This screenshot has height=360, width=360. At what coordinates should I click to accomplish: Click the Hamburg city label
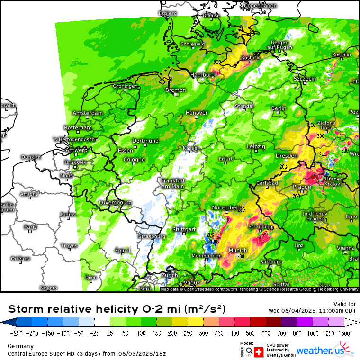coord(202,75)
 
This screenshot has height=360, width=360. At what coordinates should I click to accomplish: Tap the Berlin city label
coord(279,108)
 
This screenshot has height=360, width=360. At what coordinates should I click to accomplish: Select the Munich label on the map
coord(238,250)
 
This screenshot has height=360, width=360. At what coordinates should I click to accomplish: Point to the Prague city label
coord(302,187)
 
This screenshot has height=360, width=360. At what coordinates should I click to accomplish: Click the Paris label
coord(30,227)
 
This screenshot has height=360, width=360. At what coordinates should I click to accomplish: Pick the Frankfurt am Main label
coord(172,183)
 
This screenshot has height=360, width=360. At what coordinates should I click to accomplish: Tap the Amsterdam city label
coord(88,113)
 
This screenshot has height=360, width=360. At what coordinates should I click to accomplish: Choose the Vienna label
coord(345,248)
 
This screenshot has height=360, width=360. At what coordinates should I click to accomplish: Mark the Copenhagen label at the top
coord(260,6)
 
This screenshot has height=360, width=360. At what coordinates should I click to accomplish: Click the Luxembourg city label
coord(115,202)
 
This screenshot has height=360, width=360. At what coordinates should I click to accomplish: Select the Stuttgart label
coord(184,229)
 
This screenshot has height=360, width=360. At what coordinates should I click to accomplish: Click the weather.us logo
coord(327,351)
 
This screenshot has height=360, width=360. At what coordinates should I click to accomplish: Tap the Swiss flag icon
coord(259,351)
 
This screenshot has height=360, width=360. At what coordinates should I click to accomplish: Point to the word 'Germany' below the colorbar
coord(20,346)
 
